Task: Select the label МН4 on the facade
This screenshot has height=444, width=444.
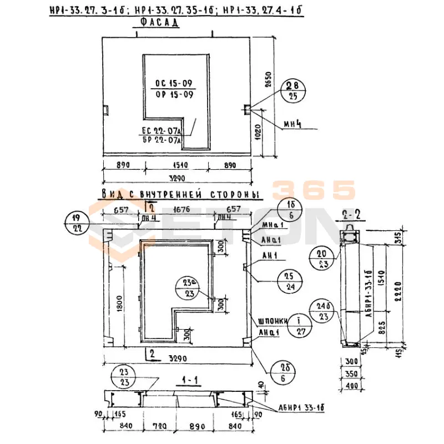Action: point(292,124)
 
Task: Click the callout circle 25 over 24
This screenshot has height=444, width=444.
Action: point(289,280)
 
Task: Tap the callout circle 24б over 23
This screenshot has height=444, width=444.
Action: point(323,311)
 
